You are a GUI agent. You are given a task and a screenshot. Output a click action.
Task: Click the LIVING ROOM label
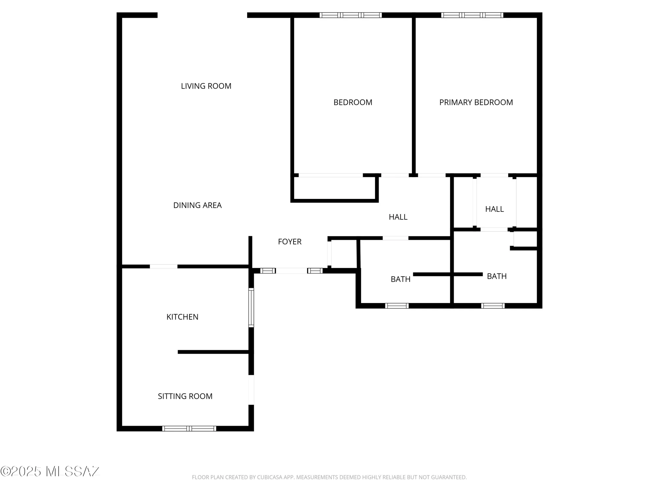point(206,86)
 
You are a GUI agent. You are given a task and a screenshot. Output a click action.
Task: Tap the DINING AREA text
point(197,205)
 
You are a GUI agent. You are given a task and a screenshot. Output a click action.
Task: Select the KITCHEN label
point(182,317)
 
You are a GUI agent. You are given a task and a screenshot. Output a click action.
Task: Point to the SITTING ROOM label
point(185,396)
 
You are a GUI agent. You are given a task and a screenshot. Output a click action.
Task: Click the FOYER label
point(290,242)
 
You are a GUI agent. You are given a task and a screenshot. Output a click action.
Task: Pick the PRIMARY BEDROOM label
point(476,102)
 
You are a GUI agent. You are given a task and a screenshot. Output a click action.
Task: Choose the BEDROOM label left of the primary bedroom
point(353,102)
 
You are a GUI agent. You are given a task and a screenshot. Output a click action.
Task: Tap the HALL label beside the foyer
point(398,217)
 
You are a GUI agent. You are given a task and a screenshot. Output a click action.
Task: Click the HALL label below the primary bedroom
point(494,209)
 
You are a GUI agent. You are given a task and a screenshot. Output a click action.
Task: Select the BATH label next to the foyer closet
point(400,279)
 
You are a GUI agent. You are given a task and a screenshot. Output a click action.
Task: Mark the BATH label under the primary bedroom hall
point(497,276)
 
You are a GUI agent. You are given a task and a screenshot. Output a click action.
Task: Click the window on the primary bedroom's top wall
point(472,15)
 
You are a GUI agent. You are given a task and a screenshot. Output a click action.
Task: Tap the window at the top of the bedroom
point(351,15)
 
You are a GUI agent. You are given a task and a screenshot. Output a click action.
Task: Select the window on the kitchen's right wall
point(251,308)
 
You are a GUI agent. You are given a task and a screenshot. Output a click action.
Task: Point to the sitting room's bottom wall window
point(189,428)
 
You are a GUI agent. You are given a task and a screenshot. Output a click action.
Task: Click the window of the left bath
point(397,306)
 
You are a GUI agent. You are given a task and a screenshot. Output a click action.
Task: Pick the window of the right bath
point(493,306)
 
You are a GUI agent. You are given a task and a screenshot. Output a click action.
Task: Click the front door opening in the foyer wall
point(291,271)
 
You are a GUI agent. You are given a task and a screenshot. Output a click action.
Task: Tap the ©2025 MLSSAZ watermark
point(50,472)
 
